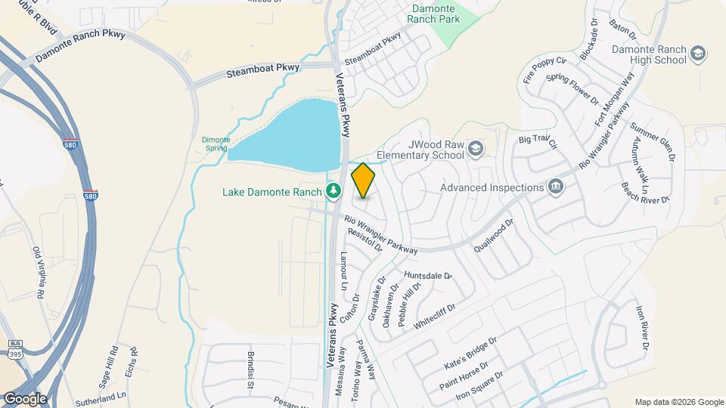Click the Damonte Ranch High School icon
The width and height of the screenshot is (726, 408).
pos(697,53)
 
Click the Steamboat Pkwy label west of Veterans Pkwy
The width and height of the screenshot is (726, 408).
pos(263,71)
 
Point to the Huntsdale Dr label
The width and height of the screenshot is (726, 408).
pos(428,276)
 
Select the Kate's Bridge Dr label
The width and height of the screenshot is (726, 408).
pos(470,353)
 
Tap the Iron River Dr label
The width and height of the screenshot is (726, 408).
pos(643,326)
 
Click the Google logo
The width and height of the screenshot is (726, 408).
pos(24,399)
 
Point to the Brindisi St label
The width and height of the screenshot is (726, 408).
pos(249,369)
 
